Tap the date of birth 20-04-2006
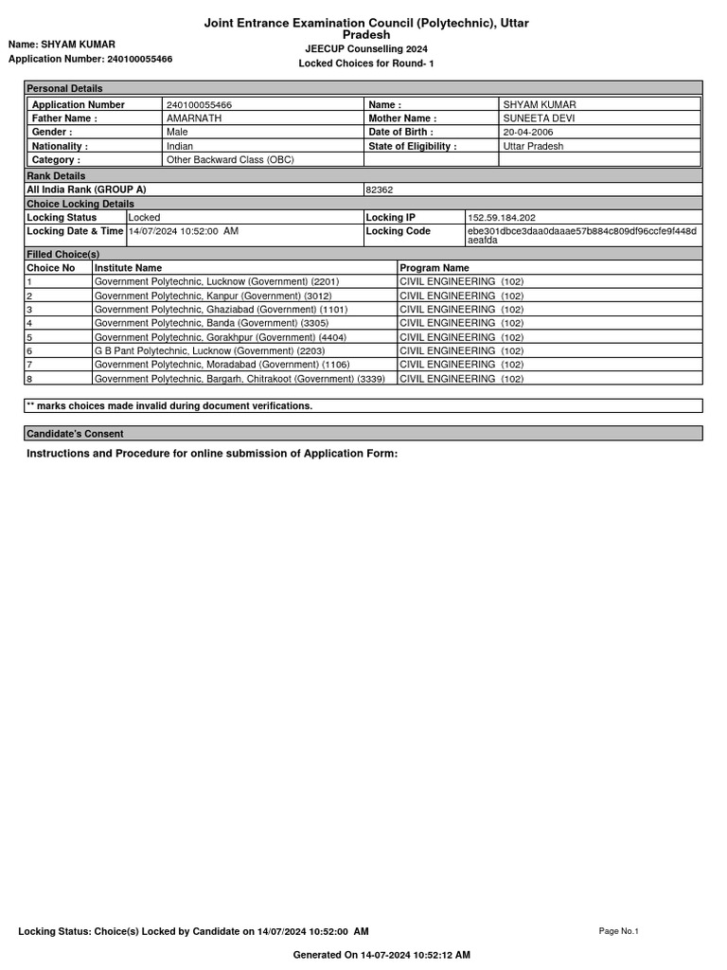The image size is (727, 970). tap(528, 133)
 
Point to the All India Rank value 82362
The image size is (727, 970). tap(379, 189)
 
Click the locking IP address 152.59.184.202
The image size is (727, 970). tap(501, 218)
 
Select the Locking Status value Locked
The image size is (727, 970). tap(145, 218)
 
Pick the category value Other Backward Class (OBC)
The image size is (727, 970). tap(230, 160)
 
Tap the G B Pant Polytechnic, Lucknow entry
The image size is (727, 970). tap(209, 350)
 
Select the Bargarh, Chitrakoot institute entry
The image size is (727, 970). tap(239, 379)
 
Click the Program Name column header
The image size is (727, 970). tap(434, 268)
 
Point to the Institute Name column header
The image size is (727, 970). tap(128, 268)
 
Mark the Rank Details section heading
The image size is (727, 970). tap(56, 176)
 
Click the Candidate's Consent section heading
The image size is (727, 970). tap(75, 434)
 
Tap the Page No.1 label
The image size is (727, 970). tap(619, 931)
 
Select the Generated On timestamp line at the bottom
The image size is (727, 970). tap(381, 955)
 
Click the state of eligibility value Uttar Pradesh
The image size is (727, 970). tap(533, 147)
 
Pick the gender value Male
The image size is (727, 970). tap(177, 133)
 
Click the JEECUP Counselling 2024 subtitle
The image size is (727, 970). tap(365, 48)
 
